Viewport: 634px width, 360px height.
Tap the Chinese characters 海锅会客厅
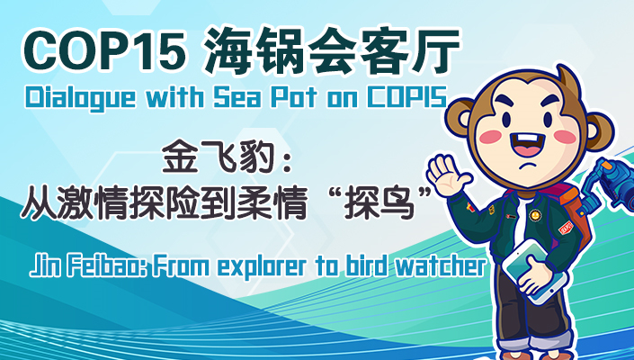point(333,51)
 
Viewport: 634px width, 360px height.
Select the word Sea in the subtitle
point(237,98)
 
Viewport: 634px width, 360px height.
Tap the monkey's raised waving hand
point(447,175)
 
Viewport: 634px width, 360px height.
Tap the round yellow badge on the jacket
point(534,214)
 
